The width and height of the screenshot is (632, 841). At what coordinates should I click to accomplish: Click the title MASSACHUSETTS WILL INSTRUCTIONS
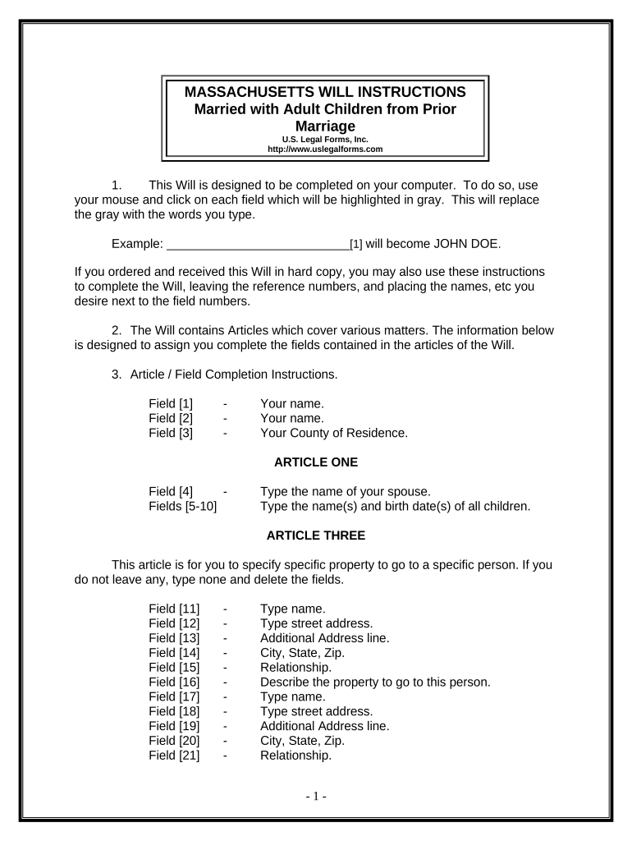[x=325, y=91]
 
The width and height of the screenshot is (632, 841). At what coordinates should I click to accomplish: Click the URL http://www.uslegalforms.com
[x=325, y=149]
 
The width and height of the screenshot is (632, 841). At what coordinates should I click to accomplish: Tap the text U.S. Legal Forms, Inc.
[x=325, y=140]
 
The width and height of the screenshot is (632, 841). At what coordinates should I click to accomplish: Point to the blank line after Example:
[x=258, y=244]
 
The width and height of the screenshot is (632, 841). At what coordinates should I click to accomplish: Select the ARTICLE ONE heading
[x=316, y=462]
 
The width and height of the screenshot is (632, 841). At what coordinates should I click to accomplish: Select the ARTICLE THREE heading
[x=316, y=535]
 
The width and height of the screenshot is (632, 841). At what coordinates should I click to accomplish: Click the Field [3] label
[x=171, y=433]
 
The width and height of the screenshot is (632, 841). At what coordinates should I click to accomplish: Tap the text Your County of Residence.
[x=333, y=433]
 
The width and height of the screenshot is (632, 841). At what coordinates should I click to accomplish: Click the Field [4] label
[x=171, y=492]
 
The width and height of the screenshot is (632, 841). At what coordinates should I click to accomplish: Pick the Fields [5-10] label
[x=182, y=506]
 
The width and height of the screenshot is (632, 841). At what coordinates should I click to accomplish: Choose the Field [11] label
[x=174, y=609]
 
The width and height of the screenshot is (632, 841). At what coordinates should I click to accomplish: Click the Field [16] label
[x=174, y=682]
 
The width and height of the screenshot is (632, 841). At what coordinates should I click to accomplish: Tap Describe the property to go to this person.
[x=375, y=682]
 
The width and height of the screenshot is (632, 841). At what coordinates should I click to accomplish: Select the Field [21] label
[x=174, y=755]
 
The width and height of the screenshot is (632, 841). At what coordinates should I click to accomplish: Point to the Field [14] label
[x=174, y=652]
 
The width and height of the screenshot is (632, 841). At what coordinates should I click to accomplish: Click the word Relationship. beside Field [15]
[x=295, y=667]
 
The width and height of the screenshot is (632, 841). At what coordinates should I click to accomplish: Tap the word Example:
[x=135, y=244]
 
